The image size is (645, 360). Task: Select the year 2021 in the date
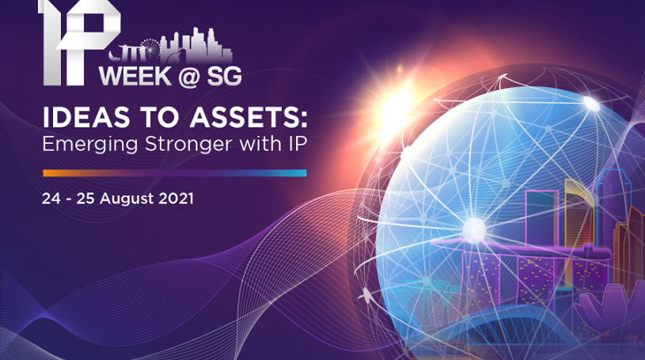click(176, 199)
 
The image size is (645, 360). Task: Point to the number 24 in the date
click(51, 199)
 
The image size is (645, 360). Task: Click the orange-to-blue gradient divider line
click(175, 173)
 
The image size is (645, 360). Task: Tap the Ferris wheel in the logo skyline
click(150, 50)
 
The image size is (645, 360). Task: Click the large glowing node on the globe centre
click(474, 229)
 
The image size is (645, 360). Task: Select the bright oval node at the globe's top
click(591, 103)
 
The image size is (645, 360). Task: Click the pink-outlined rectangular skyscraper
click(542, 218)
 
